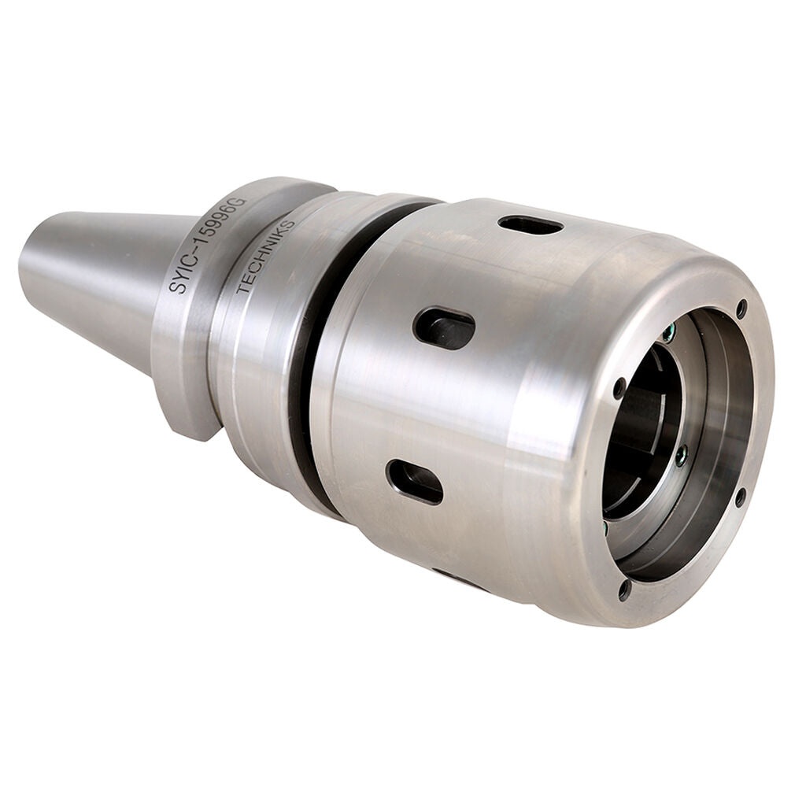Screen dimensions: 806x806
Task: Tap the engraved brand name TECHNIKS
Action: pos(266,256)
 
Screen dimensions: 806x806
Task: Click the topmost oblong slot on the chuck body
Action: pos(531,226)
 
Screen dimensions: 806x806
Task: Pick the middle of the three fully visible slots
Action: pos(444,327)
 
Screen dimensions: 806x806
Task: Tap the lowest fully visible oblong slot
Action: pos(415,482)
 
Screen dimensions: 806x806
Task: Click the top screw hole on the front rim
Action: pos(741,309)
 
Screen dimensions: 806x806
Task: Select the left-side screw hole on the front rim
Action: pos(619,388)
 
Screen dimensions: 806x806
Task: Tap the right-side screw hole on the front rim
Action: pos(740,497)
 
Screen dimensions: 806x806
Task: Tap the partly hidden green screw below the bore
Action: pos(606,526)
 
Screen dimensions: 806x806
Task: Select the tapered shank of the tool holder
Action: pos(102,275)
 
